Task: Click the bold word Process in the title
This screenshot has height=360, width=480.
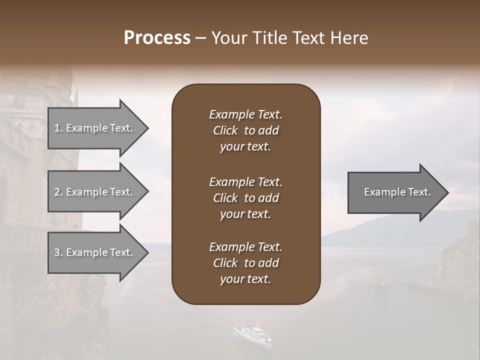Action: click(157, 38)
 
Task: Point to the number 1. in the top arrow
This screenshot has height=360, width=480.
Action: click(58, 128)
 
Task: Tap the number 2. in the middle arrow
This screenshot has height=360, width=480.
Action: click(58, 192)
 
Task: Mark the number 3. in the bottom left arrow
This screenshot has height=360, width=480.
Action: click(58, 252)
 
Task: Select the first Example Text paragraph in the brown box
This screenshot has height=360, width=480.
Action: click(245, 130)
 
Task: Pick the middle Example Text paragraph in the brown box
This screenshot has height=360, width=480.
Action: click(245, 197)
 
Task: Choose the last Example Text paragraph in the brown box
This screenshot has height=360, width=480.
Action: click(245, 263)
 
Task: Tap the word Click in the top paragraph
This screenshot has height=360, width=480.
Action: click(225, 130)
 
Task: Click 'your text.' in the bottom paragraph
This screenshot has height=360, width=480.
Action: click(245, 279)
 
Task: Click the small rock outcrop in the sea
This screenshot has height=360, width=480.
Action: click(382, 278)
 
